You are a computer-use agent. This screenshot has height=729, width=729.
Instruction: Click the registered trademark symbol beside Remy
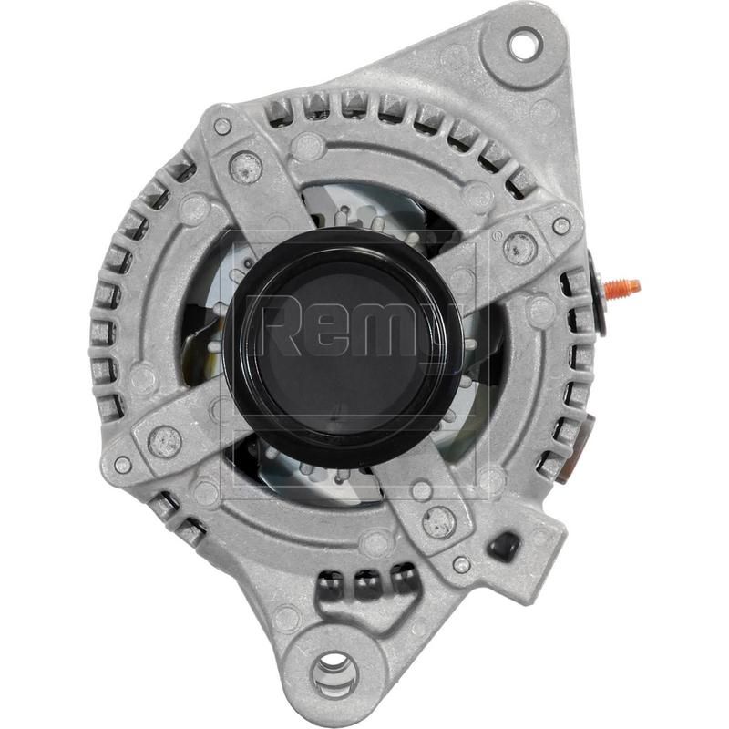tap(497, 235)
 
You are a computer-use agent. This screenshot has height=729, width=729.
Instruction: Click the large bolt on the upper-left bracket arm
tap(245, 166)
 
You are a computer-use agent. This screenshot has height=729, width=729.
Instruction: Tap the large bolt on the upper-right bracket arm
tap(519, 244)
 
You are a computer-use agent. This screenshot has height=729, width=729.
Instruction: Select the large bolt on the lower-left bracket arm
tap(165, 441)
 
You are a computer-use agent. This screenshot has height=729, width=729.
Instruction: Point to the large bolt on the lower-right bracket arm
tap(439, 520)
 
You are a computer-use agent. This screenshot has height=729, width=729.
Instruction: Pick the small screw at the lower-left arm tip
tap(123, 464)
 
